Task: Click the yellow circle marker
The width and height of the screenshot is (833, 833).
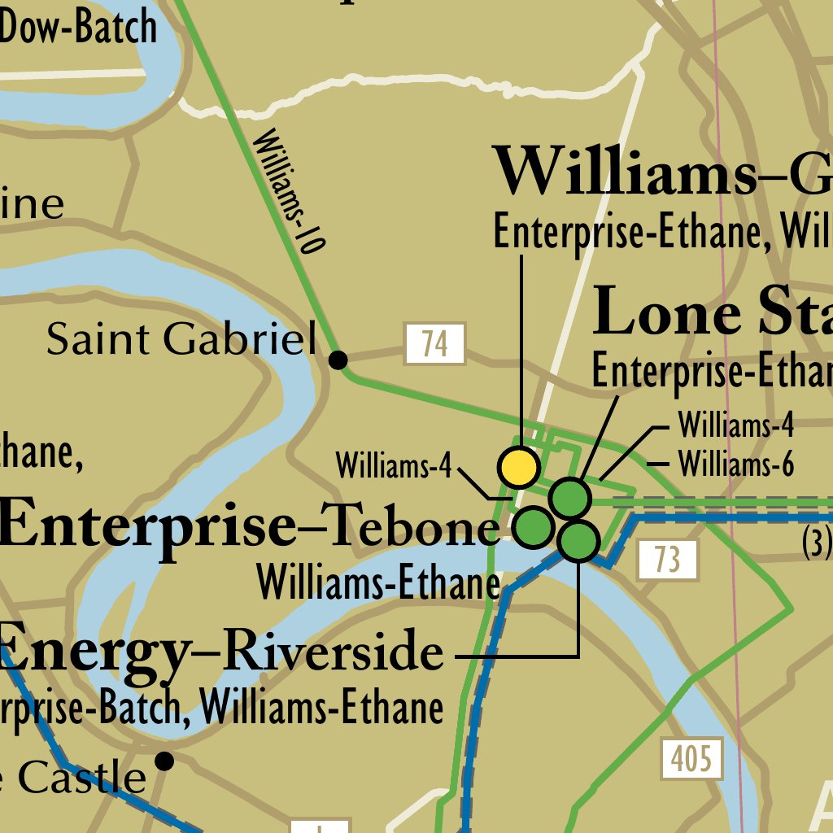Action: pyautogui.click(x=519, y=468)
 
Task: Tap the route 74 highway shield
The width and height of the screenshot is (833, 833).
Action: pyautogui.click(x=435, y=344)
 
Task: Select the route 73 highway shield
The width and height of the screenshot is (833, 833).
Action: pyautogui.click(x=667, y=560)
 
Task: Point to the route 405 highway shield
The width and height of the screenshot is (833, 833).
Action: pyautogui.click(x=691, y=759)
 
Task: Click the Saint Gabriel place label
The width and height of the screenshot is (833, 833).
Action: pyautogui.click(x=181, y=339)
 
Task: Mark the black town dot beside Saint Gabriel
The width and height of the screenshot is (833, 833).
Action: pyautogui.click(x=338, y=359)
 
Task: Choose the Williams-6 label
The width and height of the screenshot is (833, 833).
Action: pyautogui.click(x=735, y=465)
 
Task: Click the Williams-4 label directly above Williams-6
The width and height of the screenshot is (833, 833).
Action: pyautogui.click(x=735, y=425)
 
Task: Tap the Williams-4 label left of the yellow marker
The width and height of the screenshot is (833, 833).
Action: pyautogui.click(x=394, y=466)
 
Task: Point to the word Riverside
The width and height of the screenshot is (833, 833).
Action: pyautogui.click(x=333, y=653)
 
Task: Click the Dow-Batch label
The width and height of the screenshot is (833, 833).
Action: pyautogui.click(x=78, y=27)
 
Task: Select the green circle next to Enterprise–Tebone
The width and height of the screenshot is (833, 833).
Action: pyautogui.click(x=534, y=526)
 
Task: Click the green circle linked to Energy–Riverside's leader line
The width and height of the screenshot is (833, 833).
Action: pyautogui.click(x=579, y=541)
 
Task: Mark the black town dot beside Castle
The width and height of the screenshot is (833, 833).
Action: pyautogui.click(x=164, y=761)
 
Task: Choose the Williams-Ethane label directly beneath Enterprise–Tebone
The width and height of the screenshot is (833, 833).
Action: pyautogui.click(x=378, y=583)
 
